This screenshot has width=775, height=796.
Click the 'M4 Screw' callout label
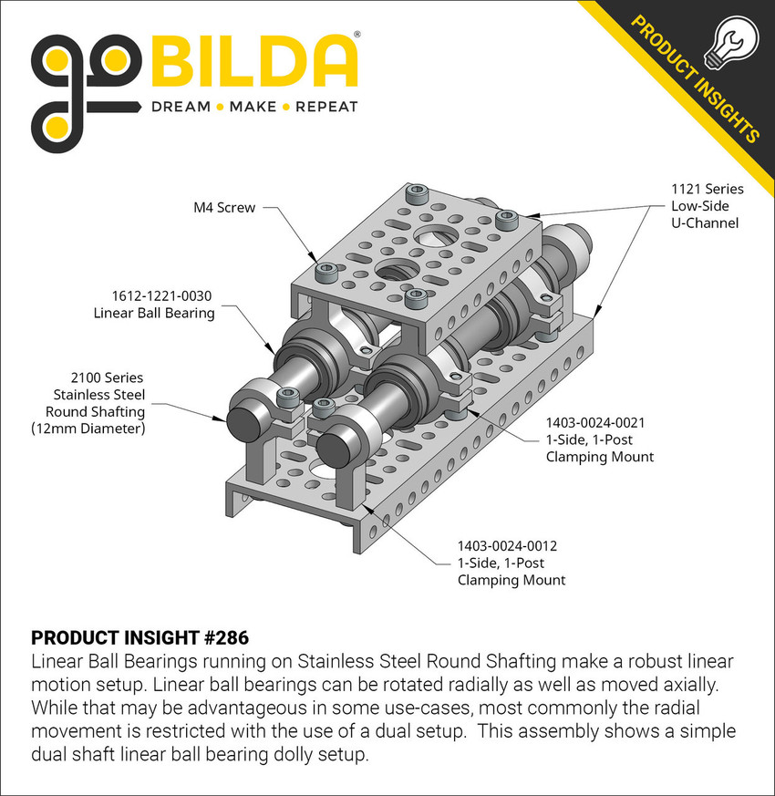click(x=224, y=208)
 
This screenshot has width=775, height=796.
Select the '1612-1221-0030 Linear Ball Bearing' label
click(x=153, y=305)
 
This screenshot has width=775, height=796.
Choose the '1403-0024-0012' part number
click(x=507, y=546)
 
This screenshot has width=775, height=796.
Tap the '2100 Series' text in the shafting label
click(x=107, y=377)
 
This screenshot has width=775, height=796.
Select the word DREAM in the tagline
click(x=180, y=108)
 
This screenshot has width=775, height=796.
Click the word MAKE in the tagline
click(x=253, y=108)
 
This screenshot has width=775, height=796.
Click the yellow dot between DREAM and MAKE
click(x=218, y=108)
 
